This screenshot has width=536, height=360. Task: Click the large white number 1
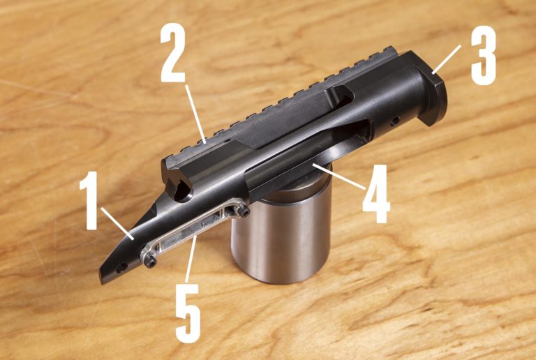[89, 200]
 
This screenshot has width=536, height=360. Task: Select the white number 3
[483, 55]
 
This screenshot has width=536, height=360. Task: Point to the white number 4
[376, 194]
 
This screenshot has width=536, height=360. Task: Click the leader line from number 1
[117, 224]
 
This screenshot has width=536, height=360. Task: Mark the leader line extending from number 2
[195, 114]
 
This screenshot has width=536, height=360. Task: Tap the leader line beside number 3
[446, 59]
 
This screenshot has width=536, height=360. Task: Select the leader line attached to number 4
[338, 177]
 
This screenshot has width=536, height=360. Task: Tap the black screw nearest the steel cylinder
[245, 213]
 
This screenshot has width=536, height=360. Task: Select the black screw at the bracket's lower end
[151, 262]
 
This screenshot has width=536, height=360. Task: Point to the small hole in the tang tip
[120, 269]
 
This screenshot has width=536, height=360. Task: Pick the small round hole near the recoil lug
[396, 120]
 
